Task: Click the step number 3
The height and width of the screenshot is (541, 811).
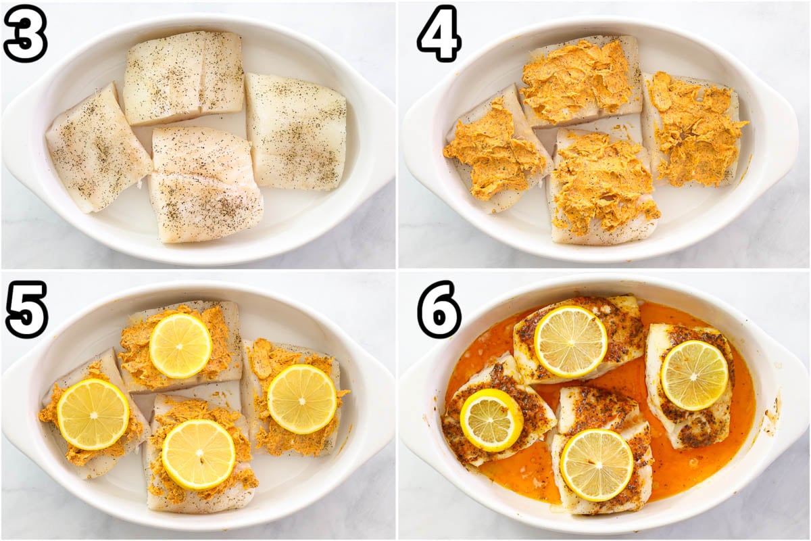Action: tap(25, 33)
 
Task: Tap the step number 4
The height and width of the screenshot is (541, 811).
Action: tap(439, 33)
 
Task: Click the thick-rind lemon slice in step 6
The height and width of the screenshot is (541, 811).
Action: tap(491, 420)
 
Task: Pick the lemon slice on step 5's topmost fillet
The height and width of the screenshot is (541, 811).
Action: tap(180, 346)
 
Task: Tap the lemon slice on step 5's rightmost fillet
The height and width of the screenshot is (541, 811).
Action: tap(302, 399)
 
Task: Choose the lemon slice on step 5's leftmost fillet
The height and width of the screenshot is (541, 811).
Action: tap(93, 414)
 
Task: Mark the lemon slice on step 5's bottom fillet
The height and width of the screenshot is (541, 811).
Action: tap(199, 454)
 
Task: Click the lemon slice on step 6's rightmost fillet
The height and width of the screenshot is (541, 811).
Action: tap(695, 375)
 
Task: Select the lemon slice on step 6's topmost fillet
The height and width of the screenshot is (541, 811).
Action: tap(571, 342)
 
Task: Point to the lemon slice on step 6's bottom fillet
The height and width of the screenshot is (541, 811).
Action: tap(597, 465)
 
